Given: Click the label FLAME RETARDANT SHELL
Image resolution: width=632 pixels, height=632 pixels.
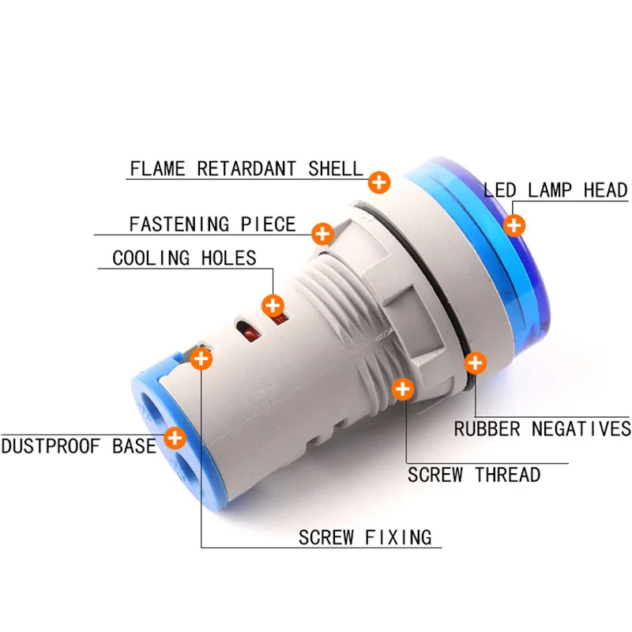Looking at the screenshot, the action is coord(246,168).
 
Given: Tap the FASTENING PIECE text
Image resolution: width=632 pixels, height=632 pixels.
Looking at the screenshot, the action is coord(213,224).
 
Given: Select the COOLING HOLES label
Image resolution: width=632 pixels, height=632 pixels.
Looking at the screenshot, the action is coord(184,258).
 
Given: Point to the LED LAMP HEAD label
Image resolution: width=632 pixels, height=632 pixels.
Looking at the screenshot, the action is coord(555,190).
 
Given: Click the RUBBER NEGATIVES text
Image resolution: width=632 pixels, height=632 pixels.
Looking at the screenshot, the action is coord(543,428).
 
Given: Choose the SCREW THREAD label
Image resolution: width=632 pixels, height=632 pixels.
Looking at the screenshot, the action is coord(474,475).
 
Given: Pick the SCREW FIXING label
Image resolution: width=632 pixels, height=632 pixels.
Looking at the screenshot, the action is coord(365,537).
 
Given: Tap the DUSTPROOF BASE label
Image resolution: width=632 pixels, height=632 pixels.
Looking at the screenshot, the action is coord(78,446).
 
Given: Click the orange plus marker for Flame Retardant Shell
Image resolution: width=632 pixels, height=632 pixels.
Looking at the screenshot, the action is coord(379,182).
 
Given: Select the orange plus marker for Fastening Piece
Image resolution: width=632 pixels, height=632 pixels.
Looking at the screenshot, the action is coord(322,234).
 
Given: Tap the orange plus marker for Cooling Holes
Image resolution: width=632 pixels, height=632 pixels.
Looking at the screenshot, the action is coord(273,306).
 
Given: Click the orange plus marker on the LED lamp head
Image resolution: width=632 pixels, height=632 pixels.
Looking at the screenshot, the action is coord(514,225).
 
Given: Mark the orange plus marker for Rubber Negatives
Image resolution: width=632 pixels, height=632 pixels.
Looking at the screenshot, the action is coord(476,363).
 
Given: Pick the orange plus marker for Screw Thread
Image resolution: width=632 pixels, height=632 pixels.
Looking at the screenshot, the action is coord(403,389).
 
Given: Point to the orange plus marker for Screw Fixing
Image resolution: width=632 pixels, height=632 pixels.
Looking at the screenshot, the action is coord(201,359).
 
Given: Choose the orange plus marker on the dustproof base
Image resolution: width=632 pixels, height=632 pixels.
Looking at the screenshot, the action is coord(175,438).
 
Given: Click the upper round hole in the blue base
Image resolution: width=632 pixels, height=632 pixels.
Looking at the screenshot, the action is coord(153,411).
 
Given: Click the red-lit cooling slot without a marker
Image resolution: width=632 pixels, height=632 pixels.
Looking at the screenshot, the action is coord(249,330).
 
